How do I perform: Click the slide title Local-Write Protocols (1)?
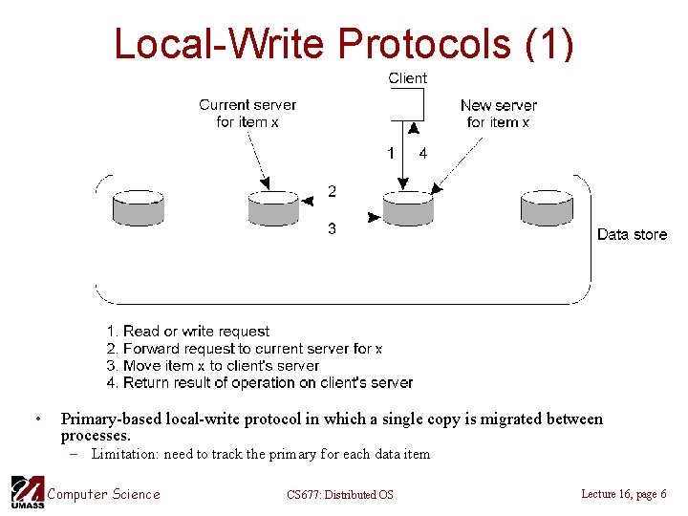coord(344,43)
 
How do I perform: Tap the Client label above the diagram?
coord(407,78)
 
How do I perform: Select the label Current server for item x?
coord(247,113)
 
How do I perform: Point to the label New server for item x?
coord(498,114)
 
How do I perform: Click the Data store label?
coord(632,234)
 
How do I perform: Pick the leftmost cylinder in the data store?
coord(138,208)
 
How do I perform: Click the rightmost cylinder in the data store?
coord(546,208)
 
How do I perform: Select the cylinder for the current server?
coord(273,208)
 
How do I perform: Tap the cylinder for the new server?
coord(408,208)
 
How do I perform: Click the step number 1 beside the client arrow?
coord(390,153)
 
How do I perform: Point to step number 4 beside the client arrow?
coord(423,153)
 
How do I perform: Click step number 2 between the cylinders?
coord(332,192)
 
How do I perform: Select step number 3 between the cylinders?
coord(332,229)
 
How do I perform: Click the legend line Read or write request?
coord(188,332)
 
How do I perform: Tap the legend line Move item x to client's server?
coord(212,366)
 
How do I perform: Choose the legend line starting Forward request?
coord(245,349)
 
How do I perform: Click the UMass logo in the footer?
coord(26,492)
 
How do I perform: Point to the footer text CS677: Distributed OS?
coord(339,494)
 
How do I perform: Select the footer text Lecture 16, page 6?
coord(623,493)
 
